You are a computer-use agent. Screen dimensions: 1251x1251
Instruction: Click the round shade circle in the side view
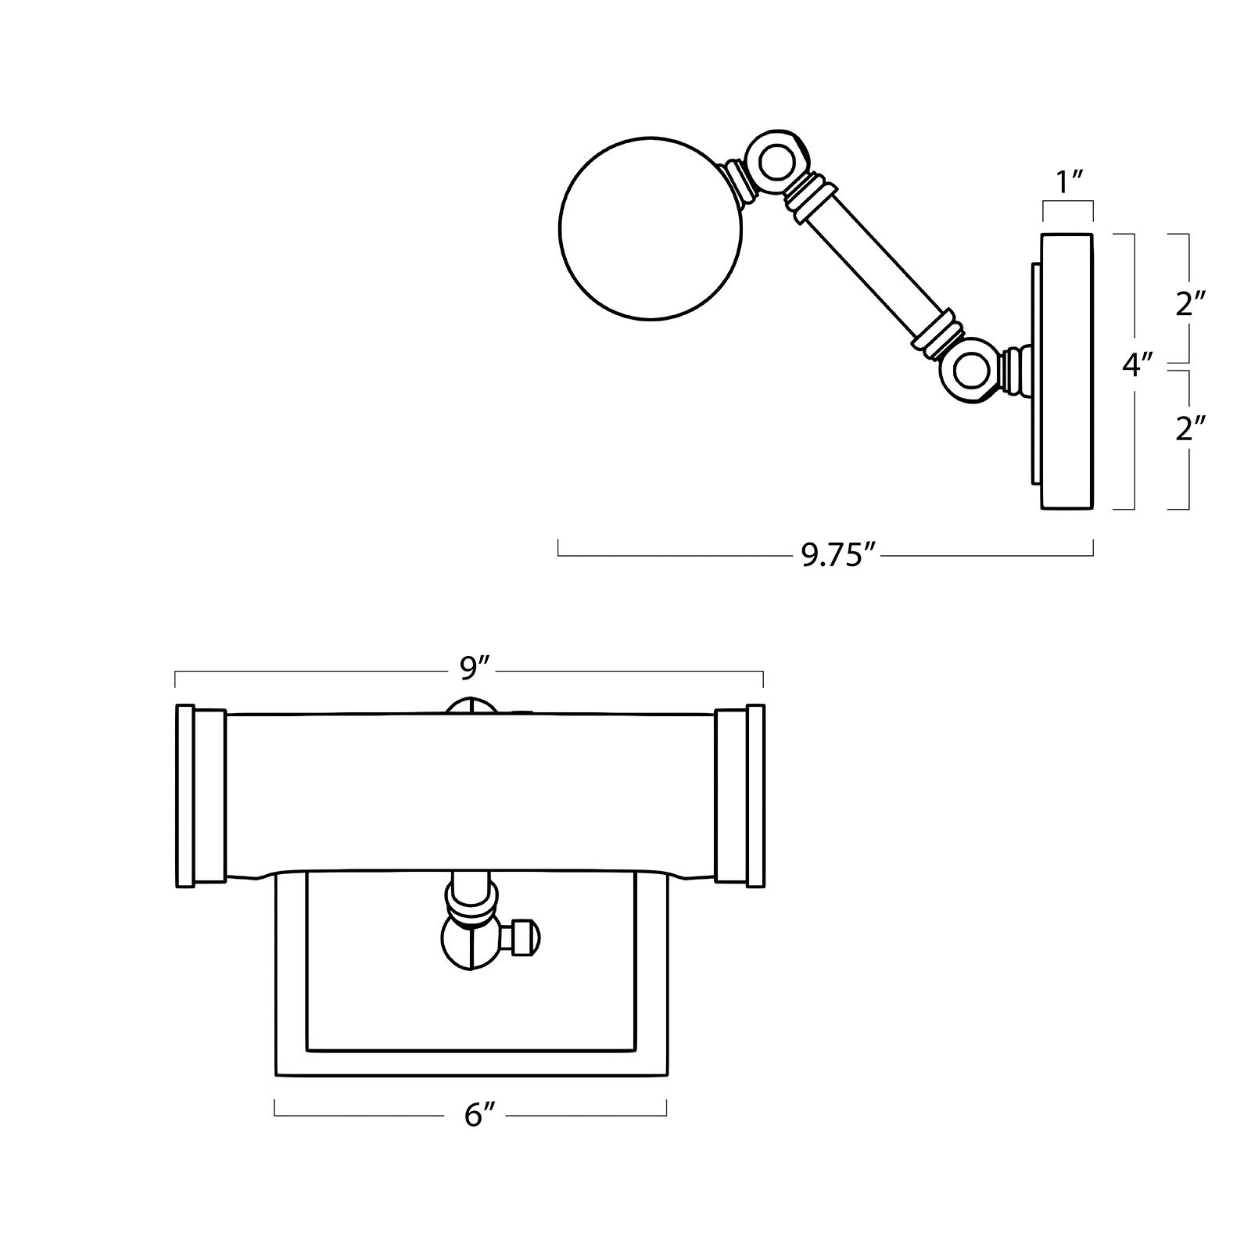(x=653, y=228)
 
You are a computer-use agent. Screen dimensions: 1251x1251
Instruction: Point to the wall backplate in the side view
(x=1066, y=371)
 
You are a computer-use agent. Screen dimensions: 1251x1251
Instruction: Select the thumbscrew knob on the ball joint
(x=522, y=937)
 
